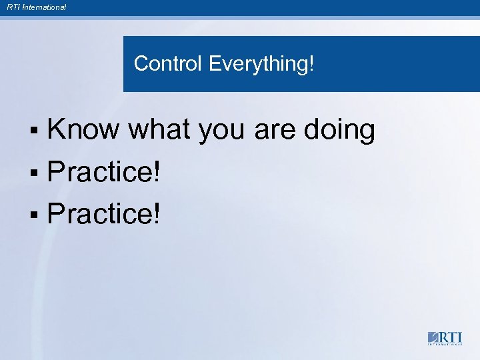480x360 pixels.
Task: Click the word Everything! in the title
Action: tap(261, 65)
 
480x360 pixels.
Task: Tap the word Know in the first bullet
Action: tap(83, 130)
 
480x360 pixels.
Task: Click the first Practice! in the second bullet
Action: tap(104, 173)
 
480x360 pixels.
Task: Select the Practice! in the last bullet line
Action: tap(104, 214)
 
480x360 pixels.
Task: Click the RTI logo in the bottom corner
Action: tap(444, 337)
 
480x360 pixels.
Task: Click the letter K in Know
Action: tap(57, 130)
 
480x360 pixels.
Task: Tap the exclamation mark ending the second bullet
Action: tap(157, 173)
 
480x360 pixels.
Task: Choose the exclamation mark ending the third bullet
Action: tap(157, 214)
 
